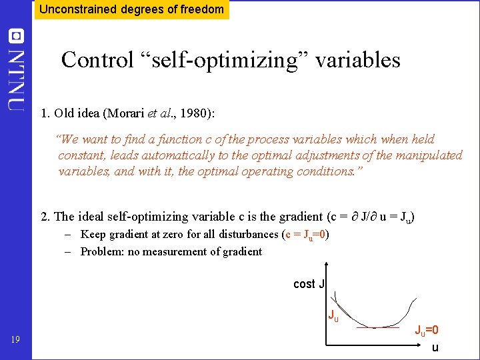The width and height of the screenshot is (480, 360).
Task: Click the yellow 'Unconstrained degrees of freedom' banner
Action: point(131,9)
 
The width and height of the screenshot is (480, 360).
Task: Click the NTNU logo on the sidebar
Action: point(16,70)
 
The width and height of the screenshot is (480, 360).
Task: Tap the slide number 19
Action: point(15,341)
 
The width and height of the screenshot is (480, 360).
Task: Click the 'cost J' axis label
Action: point(309,284)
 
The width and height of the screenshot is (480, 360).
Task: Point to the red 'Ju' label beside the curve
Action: point(332,315)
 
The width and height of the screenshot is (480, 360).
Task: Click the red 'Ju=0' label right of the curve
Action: point(427,330)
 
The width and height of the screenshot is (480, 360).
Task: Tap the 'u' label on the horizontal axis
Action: point(435,347)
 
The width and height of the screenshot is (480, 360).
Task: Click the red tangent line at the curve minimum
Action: point(377,328)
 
